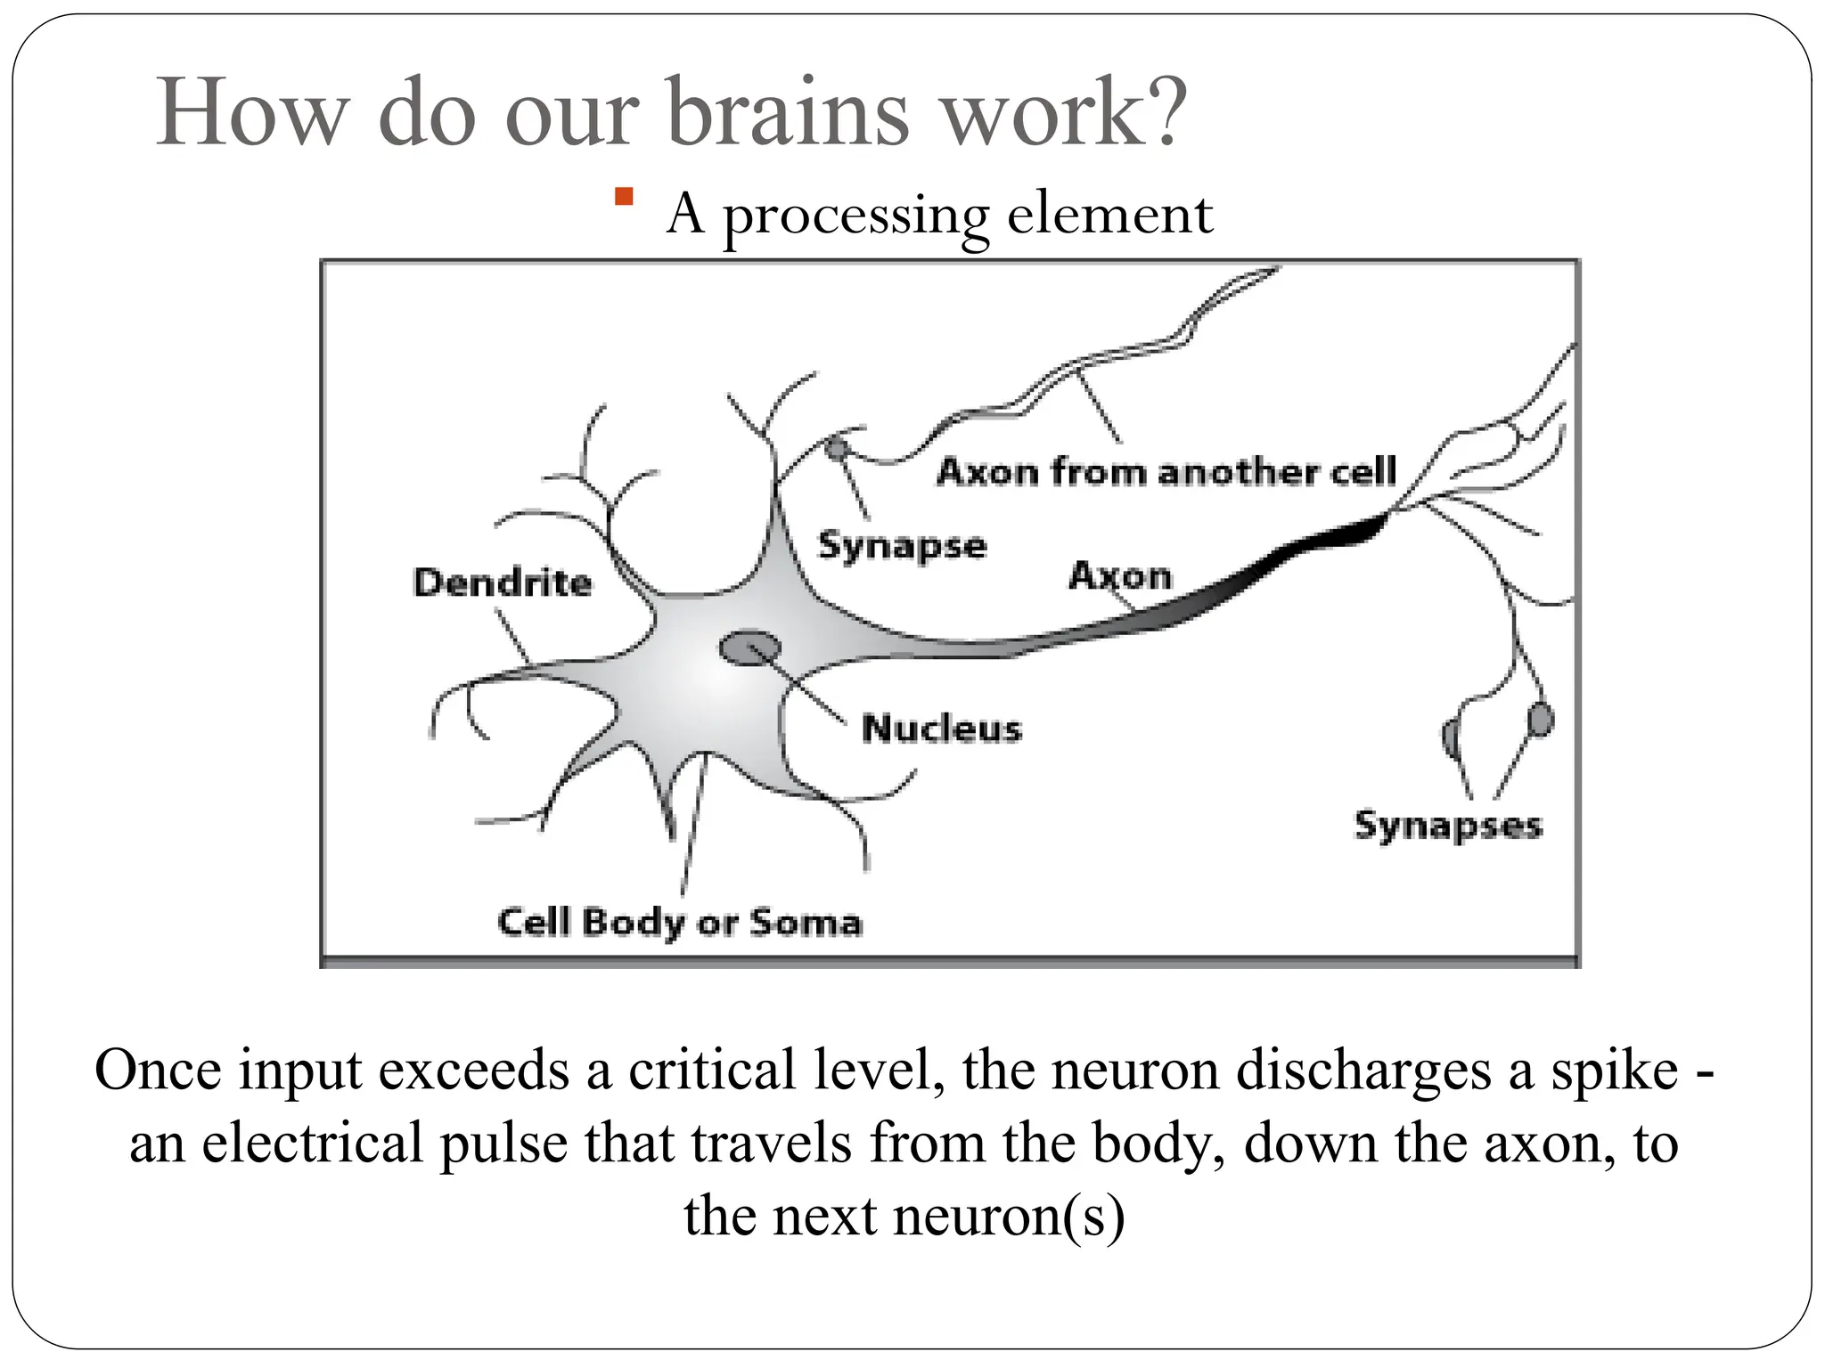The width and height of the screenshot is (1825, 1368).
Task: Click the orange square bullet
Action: click(624, 197)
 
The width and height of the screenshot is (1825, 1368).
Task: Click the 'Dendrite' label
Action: click(503, 582)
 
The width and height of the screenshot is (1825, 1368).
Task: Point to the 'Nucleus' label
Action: click(941, 729)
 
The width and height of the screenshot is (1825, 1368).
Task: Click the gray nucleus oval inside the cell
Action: click(749, 647)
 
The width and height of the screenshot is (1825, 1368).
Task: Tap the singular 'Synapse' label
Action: click(902, 546)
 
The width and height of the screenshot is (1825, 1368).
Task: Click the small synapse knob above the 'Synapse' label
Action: click(835, 447)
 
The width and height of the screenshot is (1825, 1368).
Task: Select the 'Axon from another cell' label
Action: click(1166, 471)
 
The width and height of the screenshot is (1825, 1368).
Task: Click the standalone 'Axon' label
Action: click(1120, 575)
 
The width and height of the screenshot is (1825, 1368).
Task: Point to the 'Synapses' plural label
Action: click(1447, 825)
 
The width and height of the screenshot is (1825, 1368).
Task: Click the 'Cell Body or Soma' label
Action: click(680, 922)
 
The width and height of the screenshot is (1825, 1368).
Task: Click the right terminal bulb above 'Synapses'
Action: click(1540, 720)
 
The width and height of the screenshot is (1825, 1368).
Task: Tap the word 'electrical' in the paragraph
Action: click(312, 1143)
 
